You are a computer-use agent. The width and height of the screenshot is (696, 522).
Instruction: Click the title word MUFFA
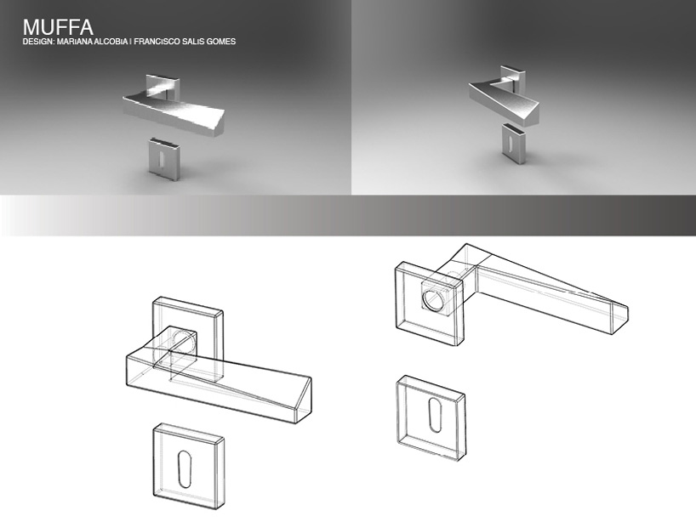[x=58, y=27]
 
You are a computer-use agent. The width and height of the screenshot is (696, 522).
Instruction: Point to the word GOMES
[x=220, y=42]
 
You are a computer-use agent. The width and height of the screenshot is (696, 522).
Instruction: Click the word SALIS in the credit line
[x=191, y=42]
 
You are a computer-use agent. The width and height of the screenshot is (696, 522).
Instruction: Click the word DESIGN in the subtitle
[x=36, y=42]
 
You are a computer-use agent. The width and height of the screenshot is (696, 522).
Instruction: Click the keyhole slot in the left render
[x=162, y=157]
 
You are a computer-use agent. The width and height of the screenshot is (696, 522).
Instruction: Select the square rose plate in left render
[x=163, y=87]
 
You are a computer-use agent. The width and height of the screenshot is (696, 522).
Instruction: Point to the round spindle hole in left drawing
[x=183, y=342]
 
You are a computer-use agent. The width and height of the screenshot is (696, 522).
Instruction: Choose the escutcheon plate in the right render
[x=515, y=143]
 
